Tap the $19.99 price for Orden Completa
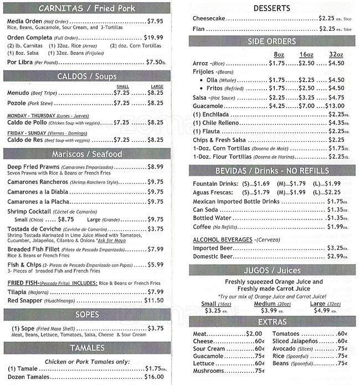pos(153,37)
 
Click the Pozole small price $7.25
pos(121,102)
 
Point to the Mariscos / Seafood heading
pos(87,153)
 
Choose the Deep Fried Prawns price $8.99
pos(155,166)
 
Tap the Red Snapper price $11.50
pos(153,300)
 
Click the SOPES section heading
pos(87,315)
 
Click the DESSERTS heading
pos(271,8)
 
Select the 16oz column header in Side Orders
pos(306,54)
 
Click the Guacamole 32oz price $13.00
pos(335,106)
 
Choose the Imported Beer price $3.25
pos(336,248)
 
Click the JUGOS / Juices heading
pos(271,270)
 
